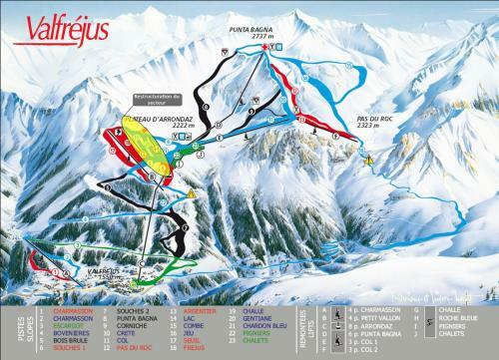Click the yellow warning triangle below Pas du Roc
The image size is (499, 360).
click(368, 159)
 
